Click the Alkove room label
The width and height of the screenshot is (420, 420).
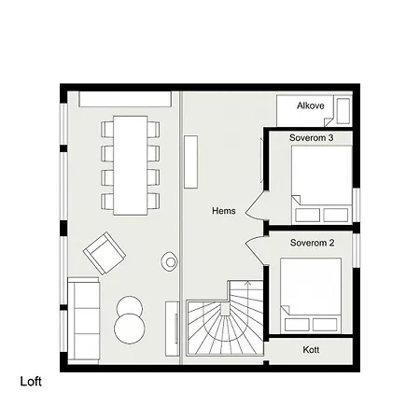[311, 105]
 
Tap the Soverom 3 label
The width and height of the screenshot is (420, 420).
[311, 138]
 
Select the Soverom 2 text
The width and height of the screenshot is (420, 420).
[312, 243]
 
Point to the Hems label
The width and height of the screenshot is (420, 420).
[224, 211]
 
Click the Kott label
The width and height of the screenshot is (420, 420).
[311, 350]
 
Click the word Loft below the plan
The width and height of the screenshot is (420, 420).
[31, 382]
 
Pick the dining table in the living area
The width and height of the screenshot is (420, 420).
[131, 165]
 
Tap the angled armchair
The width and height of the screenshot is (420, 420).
[105, 253]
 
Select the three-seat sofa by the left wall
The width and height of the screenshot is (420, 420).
[83, 321]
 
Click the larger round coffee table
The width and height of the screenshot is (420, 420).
[130, 329]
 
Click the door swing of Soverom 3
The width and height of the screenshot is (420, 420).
[254, 205]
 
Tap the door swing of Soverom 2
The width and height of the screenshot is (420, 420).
[254, 249]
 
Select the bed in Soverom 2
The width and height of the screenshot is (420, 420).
[311, 296]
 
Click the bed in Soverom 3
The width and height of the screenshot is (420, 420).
[322, 185]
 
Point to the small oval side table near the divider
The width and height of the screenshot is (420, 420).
[169, 261]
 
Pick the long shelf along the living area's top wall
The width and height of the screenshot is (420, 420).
[125, 99]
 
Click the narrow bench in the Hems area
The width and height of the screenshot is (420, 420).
[190, 161]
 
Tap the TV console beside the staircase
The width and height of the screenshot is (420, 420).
[173, 329]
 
